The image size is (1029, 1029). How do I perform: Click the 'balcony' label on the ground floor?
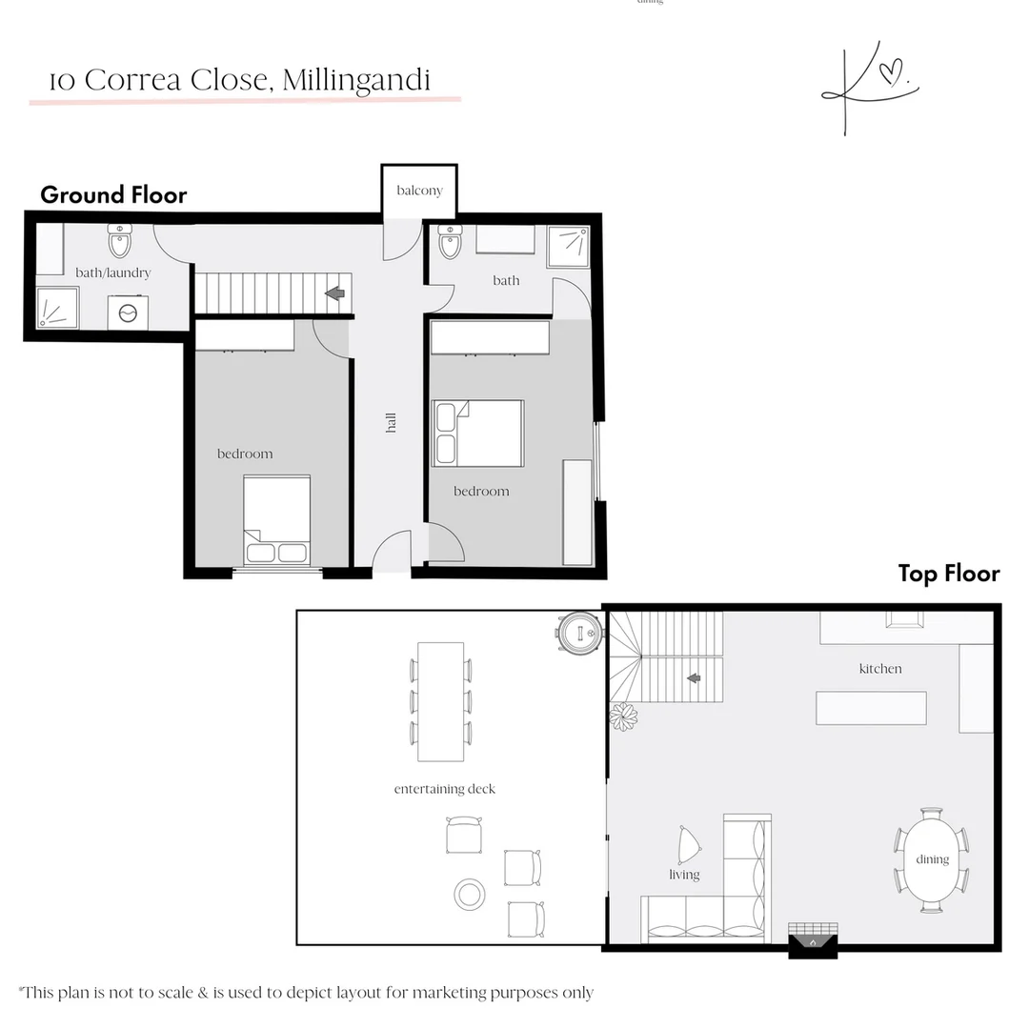point(419,191)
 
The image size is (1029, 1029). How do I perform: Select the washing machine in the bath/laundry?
point(127,312)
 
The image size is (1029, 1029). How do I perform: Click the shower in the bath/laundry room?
point(57,308)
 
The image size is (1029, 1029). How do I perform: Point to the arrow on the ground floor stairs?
point(334,293)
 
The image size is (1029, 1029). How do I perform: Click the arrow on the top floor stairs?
point(694,678)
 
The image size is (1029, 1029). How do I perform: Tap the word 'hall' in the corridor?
point(391,423)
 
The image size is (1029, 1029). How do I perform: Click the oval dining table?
point(931,859)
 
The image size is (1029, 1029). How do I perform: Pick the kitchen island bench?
point(871,708)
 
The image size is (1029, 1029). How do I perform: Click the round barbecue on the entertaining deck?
point(579,631)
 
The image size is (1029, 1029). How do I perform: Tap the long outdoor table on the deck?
point(440,701)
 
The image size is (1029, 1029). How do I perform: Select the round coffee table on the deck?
point(470,894)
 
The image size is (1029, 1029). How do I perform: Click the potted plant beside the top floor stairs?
point(623,716)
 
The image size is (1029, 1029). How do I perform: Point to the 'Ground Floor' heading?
point(113,195)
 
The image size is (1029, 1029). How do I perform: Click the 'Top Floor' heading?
point(948,574)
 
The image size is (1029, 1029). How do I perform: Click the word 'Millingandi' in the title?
point(364,80)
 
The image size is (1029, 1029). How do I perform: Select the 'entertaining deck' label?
point(444,789)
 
